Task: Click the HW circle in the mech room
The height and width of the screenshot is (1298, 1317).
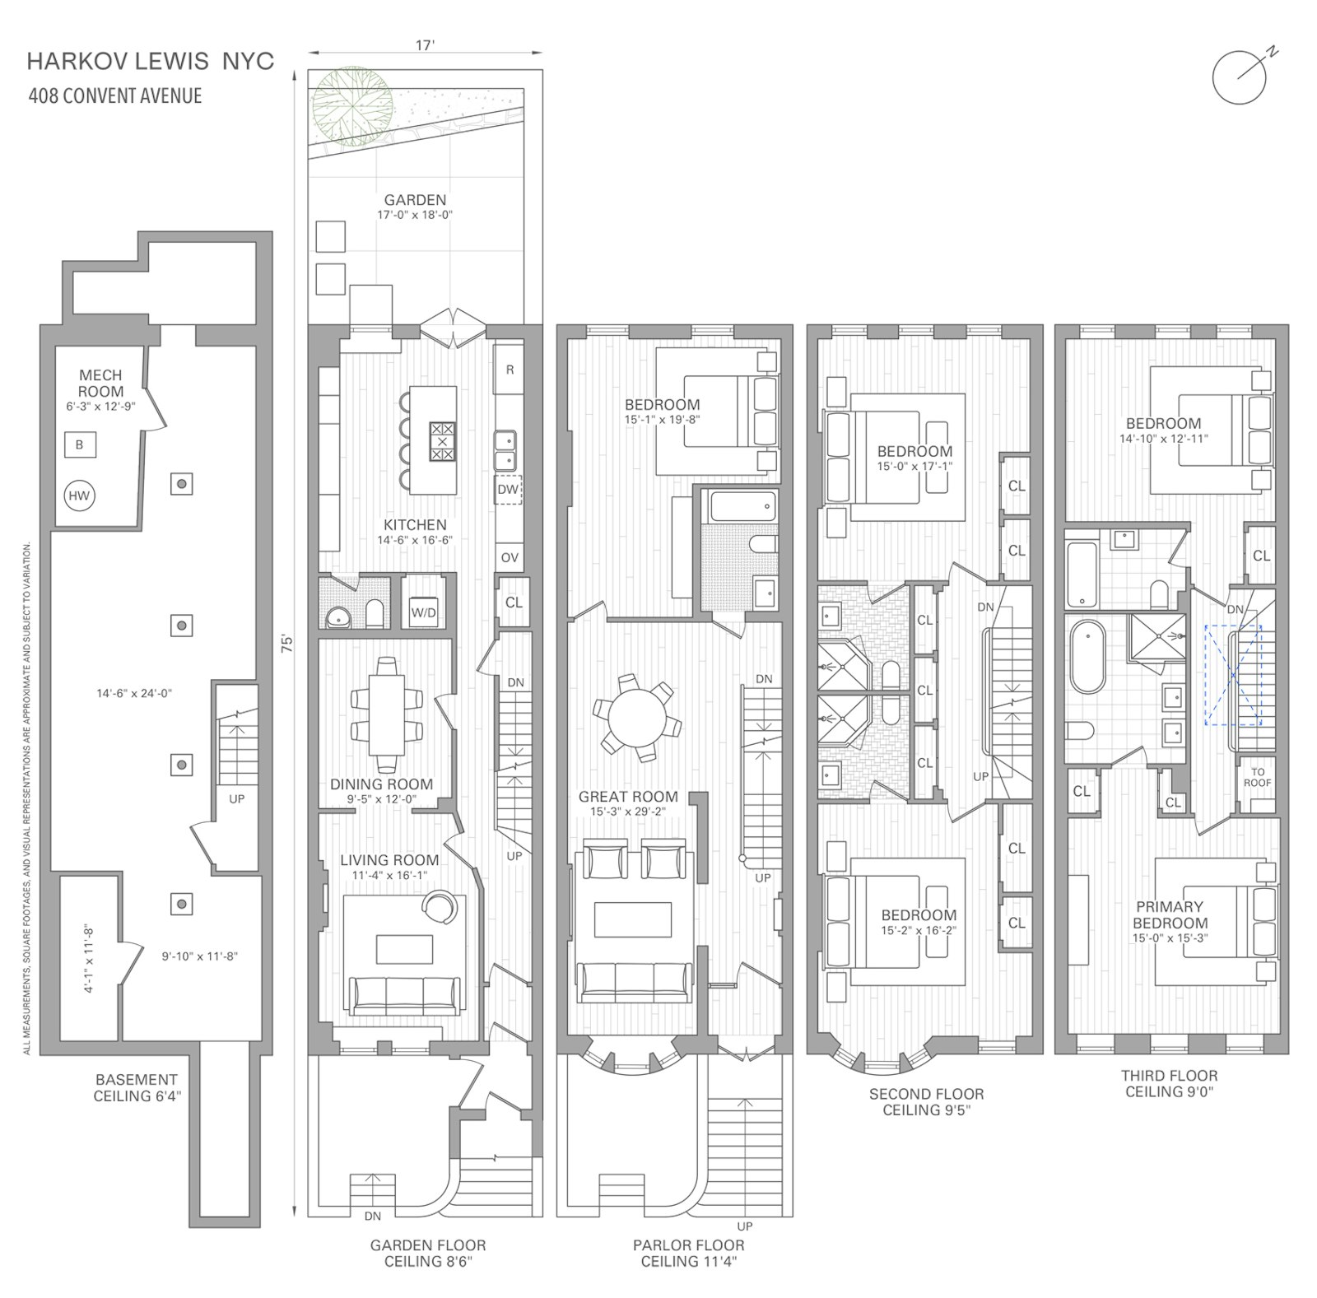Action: [79, 495]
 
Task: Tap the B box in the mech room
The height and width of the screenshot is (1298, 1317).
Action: [80, 444]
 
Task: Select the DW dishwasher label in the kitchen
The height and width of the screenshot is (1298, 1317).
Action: [508, 490]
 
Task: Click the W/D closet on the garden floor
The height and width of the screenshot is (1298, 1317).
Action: [424, 612]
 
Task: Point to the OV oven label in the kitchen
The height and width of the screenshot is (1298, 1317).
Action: [510, 557]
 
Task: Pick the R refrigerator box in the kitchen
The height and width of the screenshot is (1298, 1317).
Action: [510, 370]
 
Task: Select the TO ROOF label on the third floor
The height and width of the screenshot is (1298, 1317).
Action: [1258, 778]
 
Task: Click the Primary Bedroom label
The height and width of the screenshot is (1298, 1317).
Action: [1170, 914]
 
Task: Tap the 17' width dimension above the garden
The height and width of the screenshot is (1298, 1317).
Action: [425, 46]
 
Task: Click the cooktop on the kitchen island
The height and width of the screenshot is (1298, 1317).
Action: [443, 441]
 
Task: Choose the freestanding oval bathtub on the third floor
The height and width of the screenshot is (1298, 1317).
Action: [1088, 658]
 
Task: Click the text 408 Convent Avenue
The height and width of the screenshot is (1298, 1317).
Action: [115, 95]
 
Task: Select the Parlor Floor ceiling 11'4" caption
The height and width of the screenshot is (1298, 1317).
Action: [688, 1254]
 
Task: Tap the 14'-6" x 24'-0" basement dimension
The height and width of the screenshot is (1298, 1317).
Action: [134, 693]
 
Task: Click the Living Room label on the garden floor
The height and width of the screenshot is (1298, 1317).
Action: [389, 860]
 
